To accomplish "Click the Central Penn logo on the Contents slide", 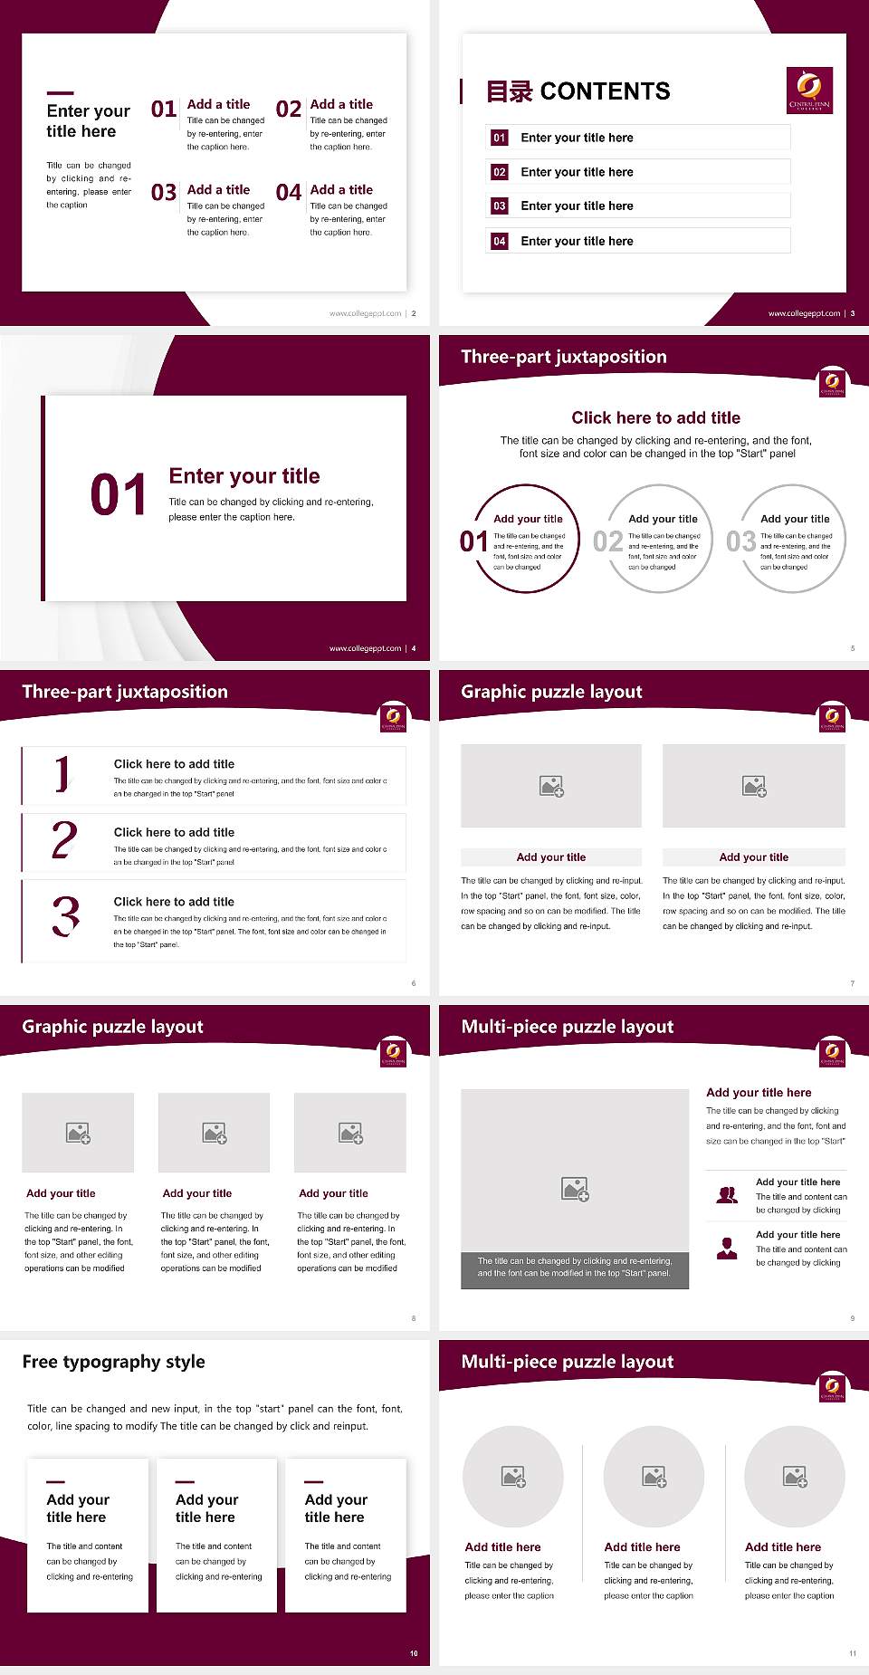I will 809,91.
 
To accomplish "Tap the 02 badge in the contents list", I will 500,172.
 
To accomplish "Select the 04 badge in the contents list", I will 500,241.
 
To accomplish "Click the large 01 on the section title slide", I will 118,495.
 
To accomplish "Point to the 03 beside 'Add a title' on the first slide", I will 164,193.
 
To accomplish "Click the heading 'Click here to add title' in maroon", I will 655,417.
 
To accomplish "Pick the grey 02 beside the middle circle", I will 607,541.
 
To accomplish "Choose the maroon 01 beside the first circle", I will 473,541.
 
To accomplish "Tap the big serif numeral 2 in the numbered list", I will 64,840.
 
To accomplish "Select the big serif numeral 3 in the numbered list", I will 66,915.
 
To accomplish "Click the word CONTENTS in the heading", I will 605,91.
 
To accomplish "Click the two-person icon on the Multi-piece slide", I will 727,1195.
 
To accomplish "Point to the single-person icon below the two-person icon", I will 727,1249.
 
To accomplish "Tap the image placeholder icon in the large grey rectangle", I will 575,1189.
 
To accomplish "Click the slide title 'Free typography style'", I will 113,1362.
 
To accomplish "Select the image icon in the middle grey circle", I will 654,1477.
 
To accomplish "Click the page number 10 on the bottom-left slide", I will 414,1653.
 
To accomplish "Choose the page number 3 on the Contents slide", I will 853,313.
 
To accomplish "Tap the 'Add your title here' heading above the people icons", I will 759,1093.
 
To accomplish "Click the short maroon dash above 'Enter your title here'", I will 60,92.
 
